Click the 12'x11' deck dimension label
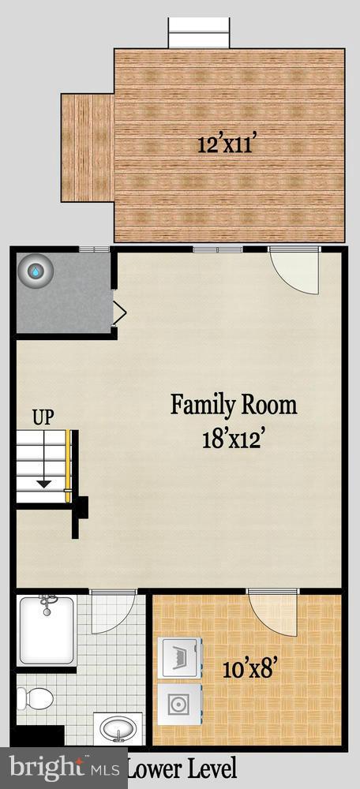point(228,144)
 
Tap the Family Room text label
point(234,406)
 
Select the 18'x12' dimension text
point(234,437)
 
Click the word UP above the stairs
point(43,417)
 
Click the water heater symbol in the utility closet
point(36,271)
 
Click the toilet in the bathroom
point(36,697)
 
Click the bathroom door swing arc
point(109,611)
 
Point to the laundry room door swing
point(272,611)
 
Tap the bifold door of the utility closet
point(119,312)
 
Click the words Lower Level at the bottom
point(181,768)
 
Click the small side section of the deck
point(88,148)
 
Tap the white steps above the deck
point(200,33)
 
